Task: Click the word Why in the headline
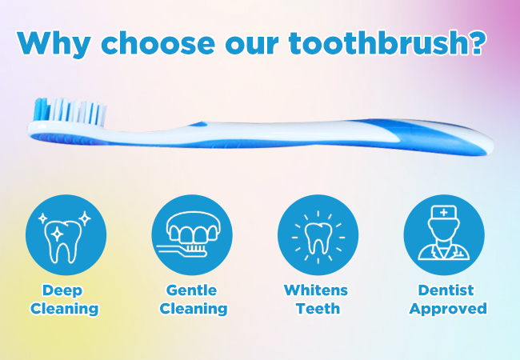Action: pyautogui.click(x=54, y=44)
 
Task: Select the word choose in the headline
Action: pyautogui.click(x=158, y=43)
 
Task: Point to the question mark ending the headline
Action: pyautogui.click(x=475, y=42)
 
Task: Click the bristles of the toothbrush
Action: pyautogui.click(x=70, y=111)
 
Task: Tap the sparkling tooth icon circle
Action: pyautogui.click(x=66, y=234)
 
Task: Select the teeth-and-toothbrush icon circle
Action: pyautogui.click(x=192, y=234)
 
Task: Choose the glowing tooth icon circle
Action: pyautogui.click(x=318, y=234)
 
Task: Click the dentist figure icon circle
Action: pyautogui.click(x=444, y=234)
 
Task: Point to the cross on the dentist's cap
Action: pyautogui.click(x=444, y=213)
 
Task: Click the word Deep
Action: pyautogui.click(x=62, y=290)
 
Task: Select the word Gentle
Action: pyautogui.click(x=192, y=290)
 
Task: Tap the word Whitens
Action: pyautogui.click(x=316, y=290)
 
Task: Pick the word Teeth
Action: pyautogui.click(x=318, y=309)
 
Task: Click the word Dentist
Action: pyautogui.click(x=446, y=290)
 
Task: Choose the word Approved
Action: pyautogui.click(x=448, y=310)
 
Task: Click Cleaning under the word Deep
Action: pyautogui.click(x=65, y=310)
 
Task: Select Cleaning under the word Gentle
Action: pyautogui.click(x=194, y=310)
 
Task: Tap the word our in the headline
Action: pyautogui.click(x=252, y=44)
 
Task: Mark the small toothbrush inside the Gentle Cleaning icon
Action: pyautogui.click(x=182, y=250)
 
